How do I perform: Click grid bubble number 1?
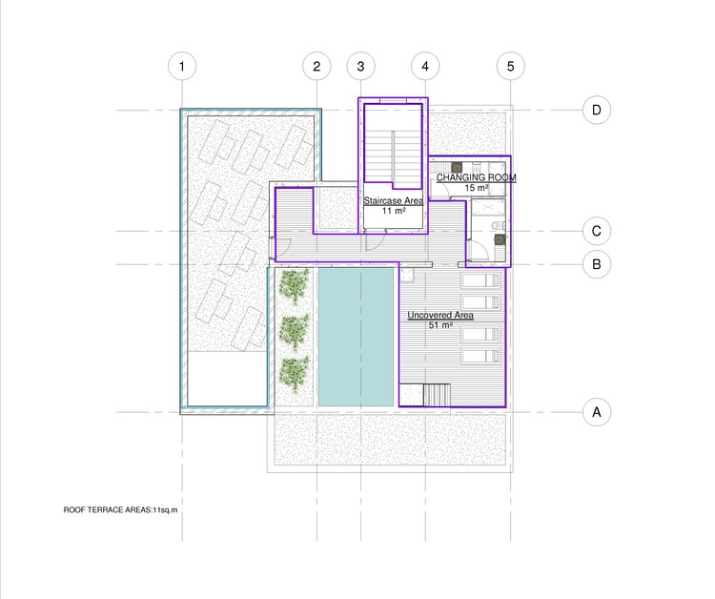[x=181, y=67]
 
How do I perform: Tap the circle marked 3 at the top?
[x=360, y=67]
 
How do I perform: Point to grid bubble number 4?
[x=425, y=67]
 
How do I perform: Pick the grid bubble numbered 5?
[x=511, y=67]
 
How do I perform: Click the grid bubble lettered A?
[x=596, y=412]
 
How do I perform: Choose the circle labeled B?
[x=596, y=264]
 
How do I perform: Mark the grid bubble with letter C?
[x=596, y=231]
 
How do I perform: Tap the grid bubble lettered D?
[x=596, y=111]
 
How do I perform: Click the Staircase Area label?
[x=393, y=202]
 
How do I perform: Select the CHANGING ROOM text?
[x=476, y=178]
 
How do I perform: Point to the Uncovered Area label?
[x=440, y=315]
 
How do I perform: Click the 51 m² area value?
[x=440, y=325]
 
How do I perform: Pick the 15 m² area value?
[x=476, y=189]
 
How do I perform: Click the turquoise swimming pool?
[x=355, y=337]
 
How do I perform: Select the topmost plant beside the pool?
[x=295, y=284]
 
